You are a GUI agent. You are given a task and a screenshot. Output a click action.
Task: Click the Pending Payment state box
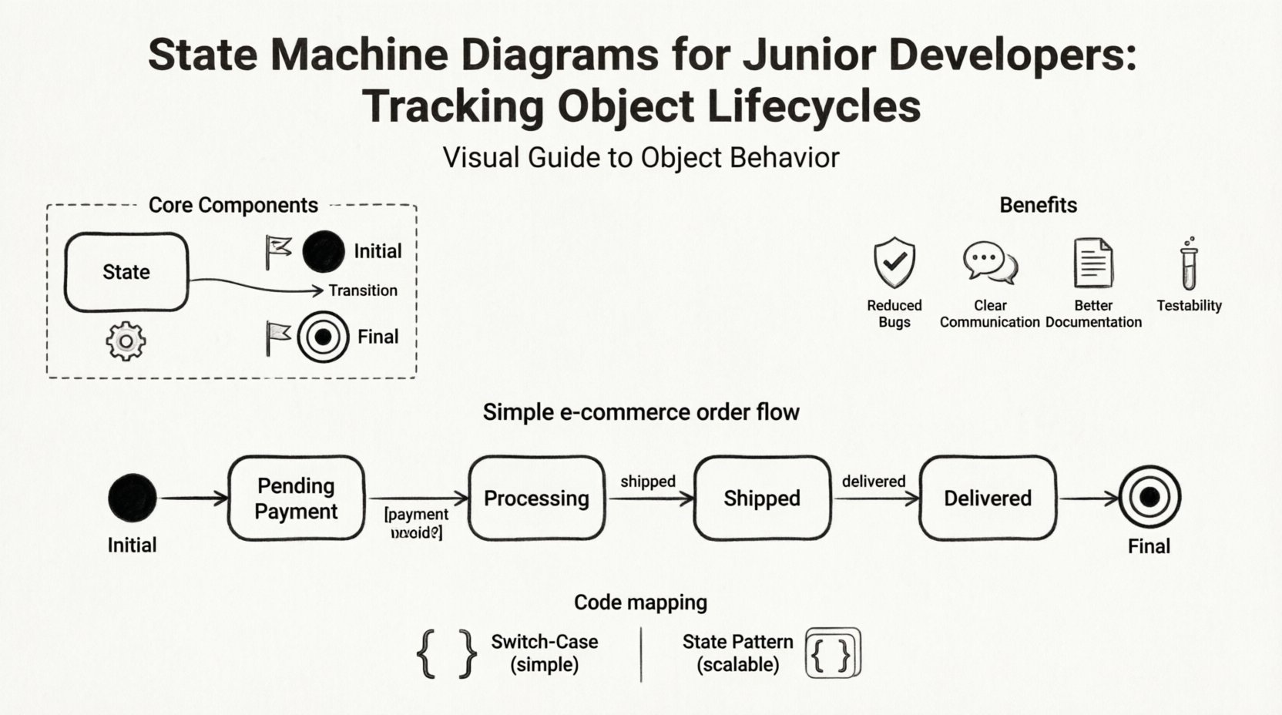(x=296, y=498)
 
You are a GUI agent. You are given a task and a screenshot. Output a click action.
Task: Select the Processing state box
(x=536, y=498)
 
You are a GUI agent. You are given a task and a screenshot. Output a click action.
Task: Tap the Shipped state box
(x=762, y=498)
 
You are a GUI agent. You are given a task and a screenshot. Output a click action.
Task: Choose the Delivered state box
(x=988, y=498)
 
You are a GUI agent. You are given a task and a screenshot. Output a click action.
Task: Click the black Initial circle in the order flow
(x=133, y=498)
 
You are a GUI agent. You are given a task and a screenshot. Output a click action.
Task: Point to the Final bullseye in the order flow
(x=1149, y=497)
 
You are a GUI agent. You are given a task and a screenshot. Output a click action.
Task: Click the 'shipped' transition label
(x=648, y=482)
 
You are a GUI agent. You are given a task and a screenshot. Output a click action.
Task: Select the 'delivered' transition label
(x=873, y=482)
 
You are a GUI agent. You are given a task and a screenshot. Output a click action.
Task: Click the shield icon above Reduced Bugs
(x=894, y=263)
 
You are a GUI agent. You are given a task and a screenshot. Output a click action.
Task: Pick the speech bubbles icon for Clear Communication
(x=990, y=262)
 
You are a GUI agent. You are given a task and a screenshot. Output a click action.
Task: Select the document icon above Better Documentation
(x=1093, y=263)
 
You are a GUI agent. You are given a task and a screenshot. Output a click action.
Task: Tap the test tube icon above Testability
(x=1190, y=264)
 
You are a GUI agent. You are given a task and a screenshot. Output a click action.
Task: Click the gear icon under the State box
(x=126, y=341)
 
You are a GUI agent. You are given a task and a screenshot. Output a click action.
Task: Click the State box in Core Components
(x=126, y=272)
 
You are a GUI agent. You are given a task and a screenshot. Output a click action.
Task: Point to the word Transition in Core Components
(x=363, y=290)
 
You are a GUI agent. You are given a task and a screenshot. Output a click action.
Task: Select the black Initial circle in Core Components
(x=324, y=251)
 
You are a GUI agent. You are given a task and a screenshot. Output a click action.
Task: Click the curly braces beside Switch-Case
(x=447, y=653)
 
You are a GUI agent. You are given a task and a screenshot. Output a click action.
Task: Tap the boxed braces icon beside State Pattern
(x=833, y=653)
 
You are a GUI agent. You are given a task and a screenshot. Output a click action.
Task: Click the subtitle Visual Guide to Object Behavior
(x=641, y=158)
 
